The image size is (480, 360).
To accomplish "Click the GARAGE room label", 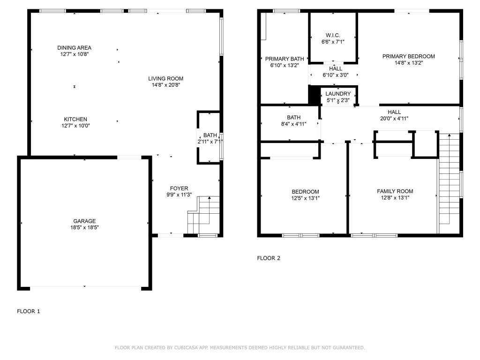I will coord(84,221).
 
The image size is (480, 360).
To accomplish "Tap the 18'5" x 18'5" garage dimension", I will coord(84,227).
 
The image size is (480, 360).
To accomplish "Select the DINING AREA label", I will coord(74,48).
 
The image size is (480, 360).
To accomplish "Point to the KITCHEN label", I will coord(75,120).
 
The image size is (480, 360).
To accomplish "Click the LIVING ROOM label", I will coord(166,79).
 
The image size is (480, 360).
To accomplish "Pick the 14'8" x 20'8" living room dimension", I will coord(166,85).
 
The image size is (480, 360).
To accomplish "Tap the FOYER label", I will coord(180,188).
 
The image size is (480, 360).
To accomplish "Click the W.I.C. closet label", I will coord(333,36).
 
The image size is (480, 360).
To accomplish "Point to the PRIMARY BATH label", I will coord(285,59).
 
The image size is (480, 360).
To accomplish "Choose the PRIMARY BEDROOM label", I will coord(408,56).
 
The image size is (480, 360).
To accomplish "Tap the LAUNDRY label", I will coord(338,94).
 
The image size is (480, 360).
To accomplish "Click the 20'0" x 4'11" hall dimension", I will coord(394,119).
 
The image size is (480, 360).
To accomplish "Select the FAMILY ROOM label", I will coord(395,191).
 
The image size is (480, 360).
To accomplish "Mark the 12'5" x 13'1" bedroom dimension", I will coord(305,198).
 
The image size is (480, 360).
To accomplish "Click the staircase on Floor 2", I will coord(448,183).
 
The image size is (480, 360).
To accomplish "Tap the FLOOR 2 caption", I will coord(269,258).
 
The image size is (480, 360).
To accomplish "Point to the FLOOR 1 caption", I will coord(29,311).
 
